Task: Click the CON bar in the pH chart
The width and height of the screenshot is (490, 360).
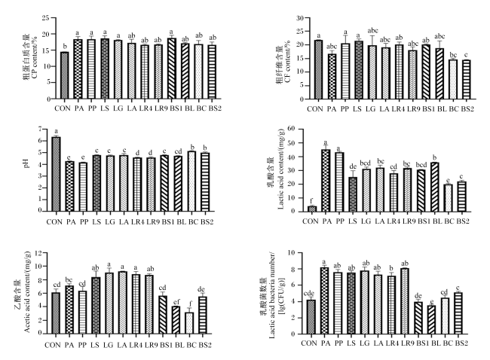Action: click(56, 174)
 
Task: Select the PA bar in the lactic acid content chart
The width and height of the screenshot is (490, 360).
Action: click(326, 180)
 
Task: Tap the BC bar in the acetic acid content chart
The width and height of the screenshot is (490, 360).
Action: click(189, 323)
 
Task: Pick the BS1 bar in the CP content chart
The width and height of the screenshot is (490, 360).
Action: click(172, 69)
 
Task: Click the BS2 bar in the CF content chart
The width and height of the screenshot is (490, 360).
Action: click(466, 79)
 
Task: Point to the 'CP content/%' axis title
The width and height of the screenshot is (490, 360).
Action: click(35, 59)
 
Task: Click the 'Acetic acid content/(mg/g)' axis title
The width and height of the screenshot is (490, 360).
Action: click(27, 291)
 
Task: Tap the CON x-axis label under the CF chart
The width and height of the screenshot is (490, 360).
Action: click(315, 109)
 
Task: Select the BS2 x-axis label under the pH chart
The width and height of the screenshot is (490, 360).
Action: click(207, 222)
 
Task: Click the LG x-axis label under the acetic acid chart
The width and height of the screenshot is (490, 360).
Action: click(108, 345)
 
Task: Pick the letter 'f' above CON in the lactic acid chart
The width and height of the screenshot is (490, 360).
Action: click(311, 201)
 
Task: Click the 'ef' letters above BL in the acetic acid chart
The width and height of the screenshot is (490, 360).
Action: click(176, 301)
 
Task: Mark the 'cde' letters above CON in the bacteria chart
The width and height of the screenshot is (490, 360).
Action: click(309, 294)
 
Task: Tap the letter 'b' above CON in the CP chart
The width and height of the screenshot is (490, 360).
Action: click(65, 47)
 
